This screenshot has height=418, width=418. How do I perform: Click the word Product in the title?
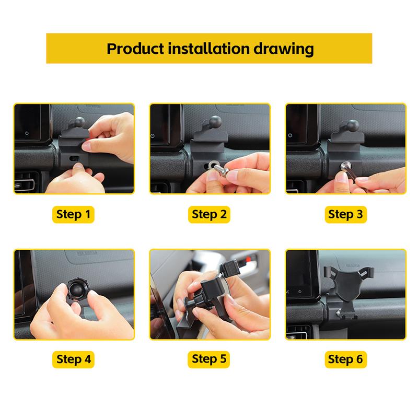(135, 49)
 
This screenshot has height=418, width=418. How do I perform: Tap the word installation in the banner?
(208, 49)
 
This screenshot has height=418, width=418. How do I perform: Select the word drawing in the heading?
(283, 49)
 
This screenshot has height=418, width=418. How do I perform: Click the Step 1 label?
(73, 215)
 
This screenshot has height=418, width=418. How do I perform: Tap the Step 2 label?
(209, 215)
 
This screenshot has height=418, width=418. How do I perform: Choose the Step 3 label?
(345, 215)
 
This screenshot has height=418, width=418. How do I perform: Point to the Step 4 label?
(73, 359)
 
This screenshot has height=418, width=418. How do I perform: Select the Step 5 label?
(208, 359)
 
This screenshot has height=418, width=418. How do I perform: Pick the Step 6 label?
(345, 359)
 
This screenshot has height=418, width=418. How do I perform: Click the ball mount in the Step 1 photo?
(79, 122)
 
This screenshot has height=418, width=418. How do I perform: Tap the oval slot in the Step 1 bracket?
(74, 158)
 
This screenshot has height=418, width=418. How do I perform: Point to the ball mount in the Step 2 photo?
(215, 121)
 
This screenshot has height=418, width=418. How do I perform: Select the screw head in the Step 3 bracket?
(346, 166)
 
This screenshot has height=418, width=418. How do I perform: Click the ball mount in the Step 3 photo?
(352, 125)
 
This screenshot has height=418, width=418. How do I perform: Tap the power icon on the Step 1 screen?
(27, 133)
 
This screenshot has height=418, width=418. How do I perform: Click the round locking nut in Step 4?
(77, 290)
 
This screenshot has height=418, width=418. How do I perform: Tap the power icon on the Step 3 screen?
(290, 135)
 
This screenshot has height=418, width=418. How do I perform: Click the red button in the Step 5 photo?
(249, 259)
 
